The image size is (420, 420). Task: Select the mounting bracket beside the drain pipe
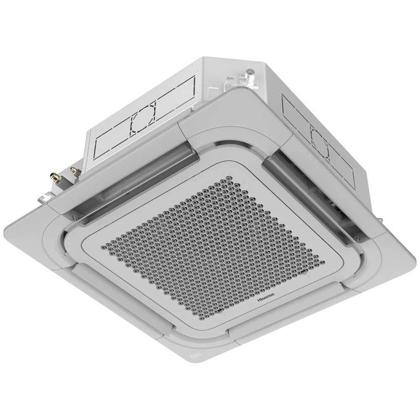tap(229, 82)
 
